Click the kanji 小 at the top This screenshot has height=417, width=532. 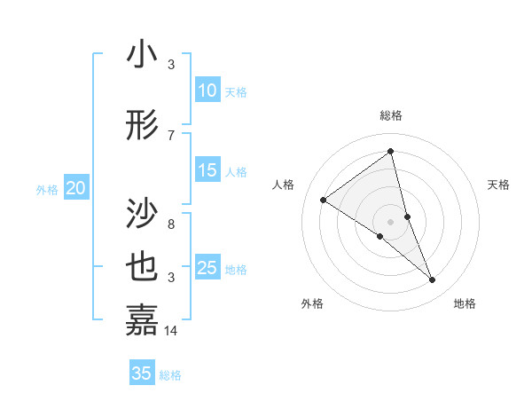point(143,55)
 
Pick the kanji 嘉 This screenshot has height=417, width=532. point(143,320)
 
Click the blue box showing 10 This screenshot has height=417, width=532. point(207,90)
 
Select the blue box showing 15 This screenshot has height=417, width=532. point(207,170)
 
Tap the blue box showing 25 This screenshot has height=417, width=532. point(207,268)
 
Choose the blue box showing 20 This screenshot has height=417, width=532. point(76,188)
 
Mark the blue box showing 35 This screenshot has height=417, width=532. point(142,374)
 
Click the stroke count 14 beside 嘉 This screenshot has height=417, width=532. point(171,331)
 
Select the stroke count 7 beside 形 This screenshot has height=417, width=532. point(171,135)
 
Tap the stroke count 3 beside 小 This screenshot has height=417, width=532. point(171,65)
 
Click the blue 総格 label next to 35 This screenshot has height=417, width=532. point(170,375)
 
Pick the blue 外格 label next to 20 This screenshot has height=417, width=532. point(47,189)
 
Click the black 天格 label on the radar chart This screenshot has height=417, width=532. point(498,185)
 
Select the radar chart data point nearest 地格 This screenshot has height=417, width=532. point(433,280)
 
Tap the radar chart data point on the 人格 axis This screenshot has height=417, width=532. point(324,200)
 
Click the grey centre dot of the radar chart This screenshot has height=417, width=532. point(390,221)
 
